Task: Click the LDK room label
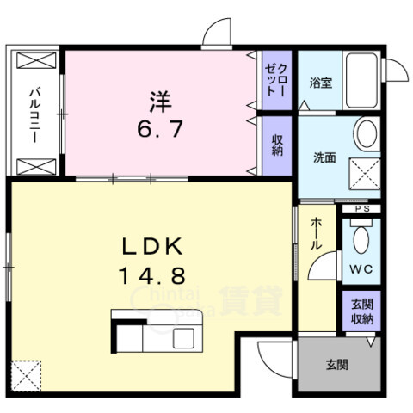tap(152, 247)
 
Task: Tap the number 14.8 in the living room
tap(152, 275)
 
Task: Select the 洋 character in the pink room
tap(161, 102)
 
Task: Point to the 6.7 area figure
tap(160, 129)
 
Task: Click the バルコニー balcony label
tap(35, 115)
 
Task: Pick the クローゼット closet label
tap(276, 80)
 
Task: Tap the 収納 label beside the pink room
tap(277, 145)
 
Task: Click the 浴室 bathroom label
tap(321, 83)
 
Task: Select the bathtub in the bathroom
tap(361, 81)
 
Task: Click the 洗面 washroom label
tap(324, 157)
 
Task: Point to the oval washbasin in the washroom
tap(367, 133)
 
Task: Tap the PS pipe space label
tap(362, 209)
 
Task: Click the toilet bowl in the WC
tap(361, 240)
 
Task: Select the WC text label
tap(361, 269)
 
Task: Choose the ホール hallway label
tap(317, 233)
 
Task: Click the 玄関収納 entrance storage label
tap(362, 311)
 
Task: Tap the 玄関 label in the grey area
tap(337, 365)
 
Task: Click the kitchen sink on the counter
tap(183, 338)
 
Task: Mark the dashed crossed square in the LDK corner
tap(26, 376)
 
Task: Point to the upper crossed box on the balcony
tap(36, 60)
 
